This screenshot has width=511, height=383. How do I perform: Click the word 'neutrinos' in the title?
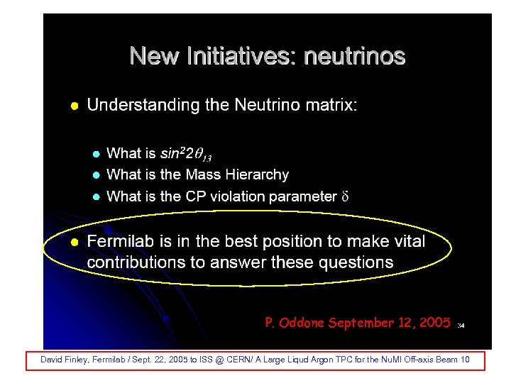tap(354, 56)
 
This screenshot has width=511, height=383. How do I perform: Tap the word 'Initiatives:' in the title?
tap(237, 56)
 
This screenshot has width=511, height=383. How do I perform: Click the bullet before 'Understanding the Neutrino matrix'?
tap(75, 106)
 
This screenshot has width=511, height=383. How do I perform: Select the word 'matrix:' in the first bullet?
tap(331, 106)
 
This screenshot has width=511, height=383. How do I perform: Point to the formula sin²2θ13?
tap(186, 153)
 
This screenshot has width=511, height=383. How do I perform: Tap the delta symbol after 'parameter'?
tap(346, 196)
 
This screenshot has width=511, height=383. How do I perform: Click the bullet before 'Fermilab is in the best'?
tap(75, 243)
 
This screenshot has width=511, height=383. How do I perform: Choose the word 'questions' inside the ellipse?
tap(356, 262)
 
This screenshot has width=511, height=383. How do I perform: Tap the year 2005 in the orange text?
tap(432, 323)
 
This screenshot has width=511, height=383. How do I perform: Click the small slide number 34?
tap(461, 326)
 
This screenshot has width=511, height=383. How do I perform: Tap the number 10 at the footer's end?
tap(465, 360)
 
